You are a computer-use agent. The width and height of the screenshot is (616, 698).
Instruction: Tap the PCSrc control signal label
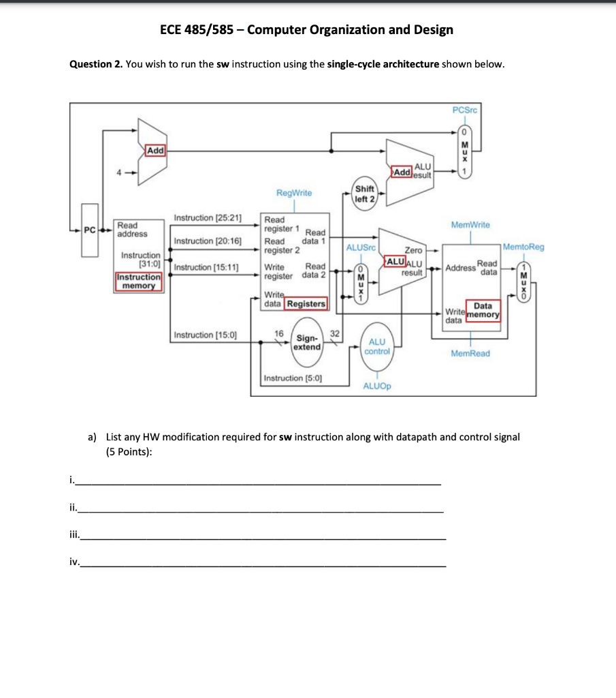tap(465, 110)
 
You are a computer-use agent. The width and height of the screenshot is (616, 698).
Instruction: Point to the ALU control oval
tap(377, 346)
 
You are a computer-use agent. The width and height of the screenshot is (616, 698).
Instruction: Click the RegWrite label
tap(293, 193)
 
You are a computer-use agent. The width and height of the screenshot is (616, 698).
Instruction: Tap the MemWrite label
tap(469, 224)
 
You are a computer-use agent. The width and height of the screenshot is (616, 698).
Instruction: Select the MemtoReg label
tap(524, 247)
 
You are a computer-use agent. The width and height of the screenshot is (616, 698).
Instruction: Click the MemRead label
tap(470, 353)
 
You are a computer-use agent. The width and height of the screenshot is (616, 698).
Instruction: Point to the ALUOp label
tap(376, 385)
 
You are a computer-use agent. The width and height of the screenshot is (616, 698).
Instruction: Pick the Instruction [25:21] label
tap(208, 217)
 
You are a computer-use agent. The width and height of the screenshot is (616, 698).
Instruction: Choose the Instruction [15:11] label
tap(206, 267)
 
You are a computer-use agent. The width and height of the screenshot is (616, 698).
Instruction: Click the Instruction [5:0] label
tap(293, 377)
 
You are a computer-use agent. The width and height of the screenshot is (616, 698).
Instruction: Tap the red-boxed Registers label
tap(306, 303)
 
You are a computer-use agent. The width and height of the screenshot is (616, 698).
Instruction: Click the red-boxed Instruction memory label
tap(139, 282)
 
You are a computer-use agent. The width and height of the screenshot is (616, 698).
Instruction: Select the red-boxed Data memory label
tap(483, 310)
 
